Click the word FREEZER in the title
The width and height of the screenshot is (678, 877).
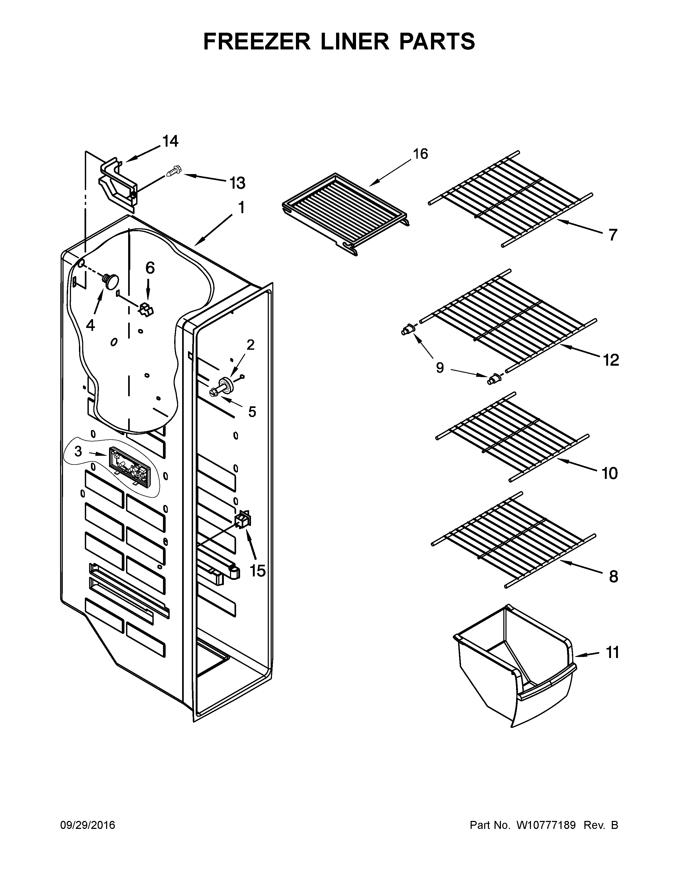click(x=257, y=41)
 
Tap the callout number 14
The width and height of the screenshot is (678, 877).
click(x=170, y=141)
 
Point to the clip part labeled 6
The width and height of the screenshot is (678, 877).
click(x=146, y=309)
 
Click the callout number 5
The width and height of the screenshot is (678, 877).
click(x=252, y=412)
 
